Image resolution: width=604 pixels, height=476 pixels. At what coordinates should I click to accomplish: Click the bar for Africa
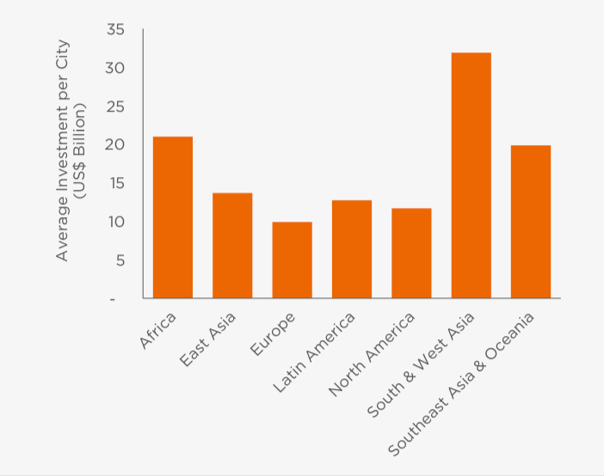point(172,217)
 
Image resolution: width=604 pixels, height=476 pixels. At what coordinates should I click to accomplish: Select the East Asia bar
point(232,246)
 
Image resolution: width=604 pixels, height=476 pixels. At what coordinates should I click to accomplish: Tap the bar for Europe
point(292,260)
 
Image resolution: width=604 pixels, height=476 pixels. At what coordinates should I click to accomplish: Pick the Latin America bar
point(352,249)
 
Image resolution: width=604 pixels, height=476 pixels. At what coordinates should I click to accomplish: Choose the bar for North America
point(411,253)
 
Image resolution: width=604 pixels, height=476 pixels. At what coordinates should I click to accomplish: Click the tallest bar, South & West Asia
point(471,175)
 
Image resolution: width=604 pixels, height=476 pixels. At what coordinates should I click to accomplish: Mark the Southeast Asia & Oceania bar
point(531,222)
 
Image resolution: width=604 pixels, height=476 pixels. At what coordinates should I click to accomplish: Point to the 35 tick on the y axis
point(115,30)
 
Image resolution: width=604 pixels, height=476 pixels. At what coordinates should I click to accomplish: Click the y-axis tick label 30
point(115,68)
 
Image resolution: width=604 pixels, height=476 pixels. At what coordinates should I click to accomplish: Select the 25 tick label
point(115,107)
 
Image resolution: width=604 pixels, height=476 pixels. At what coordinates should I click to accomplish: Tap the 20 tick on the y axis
point(115,145)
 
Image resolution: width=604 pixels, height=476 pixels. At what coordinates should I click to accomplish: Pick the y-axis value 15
point(116,183)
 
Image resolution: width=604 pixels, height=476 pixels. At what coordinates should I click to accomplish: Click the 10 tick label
point(116,222)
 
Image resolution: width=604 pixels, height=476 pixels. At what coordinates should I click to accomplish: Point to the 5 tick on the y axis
point(120,260)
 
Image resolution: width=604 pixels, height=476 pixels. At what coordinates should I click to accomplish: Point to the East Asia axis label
point(206,340)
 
